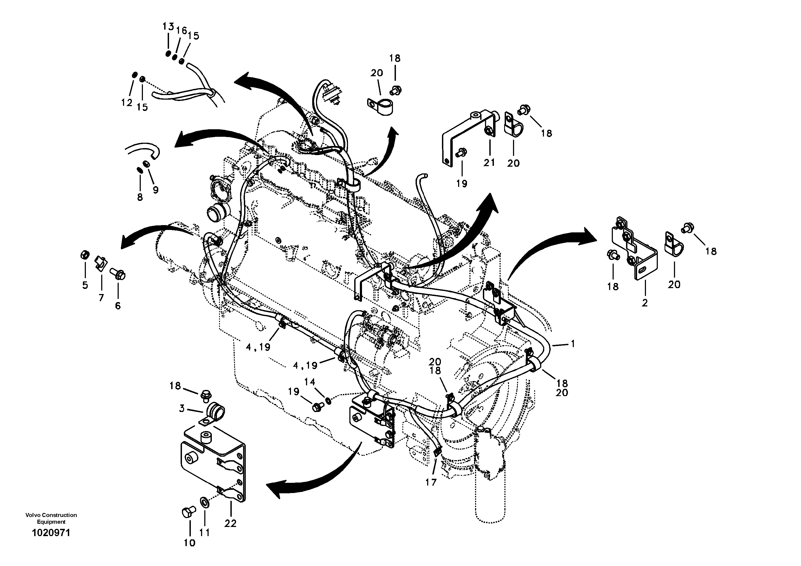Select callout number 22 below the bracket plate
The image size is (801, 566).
pos(230,523)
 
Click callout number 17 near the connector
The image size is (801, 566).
pos(431,482)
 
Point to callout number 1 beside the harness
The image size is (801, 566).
pos(572,344)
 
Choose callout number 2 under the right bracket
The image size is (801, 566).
pos(644,303)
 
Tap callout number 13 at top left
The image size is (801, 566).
pos(168,26)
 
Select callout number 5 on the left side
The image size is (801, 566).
pos(85,285)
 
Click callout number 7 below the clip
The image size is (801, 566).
pos(101,298)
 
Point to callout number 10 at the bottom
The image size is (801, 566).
pos(189,543)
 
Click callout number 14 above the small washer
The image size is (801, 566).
pos(310,382)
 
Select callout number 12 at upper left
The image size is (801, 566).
pos(127,103)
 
